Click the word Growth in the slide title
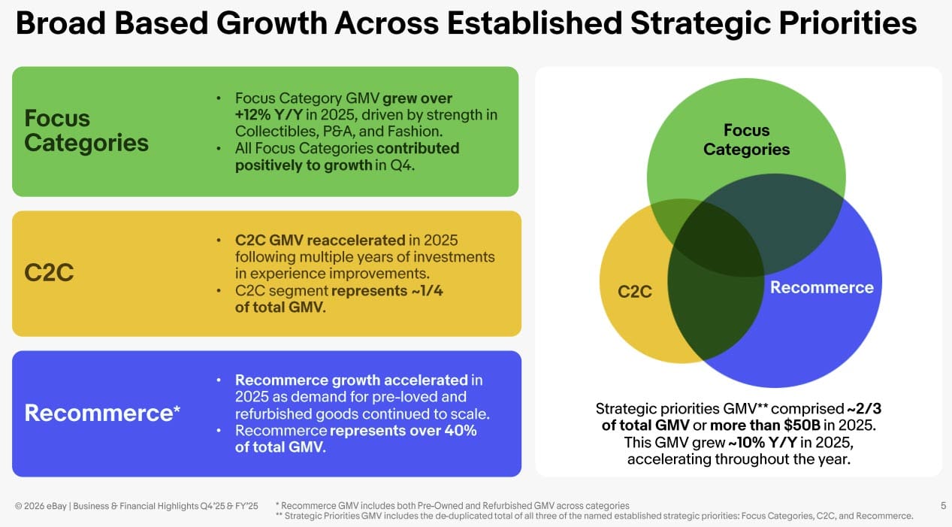tap(271, 23)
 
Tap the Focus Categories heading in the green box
tap(86, 130)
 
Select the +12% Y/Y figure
tap(269, 115)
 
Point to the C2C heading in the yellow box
tap(49, 273)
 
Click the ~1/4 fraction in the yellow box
tap(427, 291)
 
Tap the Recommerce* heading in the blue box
tap(102, 413)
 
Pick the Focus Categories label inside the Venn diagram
tap(746, 140)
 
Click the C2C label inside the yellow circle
tap(634, 292)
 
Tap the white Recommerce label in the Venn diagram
tap(822, 287)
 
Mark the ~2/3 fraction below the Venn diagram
tap(864, 409)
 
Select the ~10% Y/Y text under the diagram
tap(763, 443)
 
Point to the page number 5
tap(943, 506)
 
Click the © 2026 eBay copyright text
tap(41, 506)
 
